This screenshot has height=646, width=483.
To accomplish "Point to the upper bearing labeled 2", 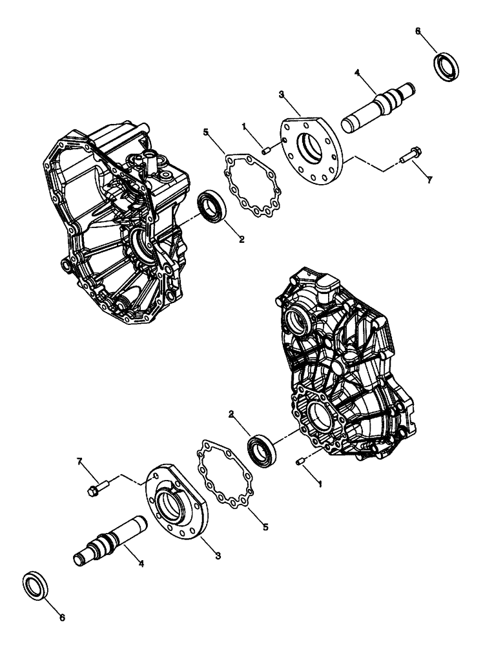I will [x=211, y=207].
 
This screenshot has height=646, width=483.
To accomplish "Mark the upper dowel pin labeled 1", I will [x=265, y=151].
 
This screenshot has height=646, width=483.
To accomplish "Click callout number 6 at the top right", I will [x=418, y=30].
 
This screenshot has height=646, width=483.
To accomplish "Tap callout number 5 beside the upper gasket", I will [x=206, y=132].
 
